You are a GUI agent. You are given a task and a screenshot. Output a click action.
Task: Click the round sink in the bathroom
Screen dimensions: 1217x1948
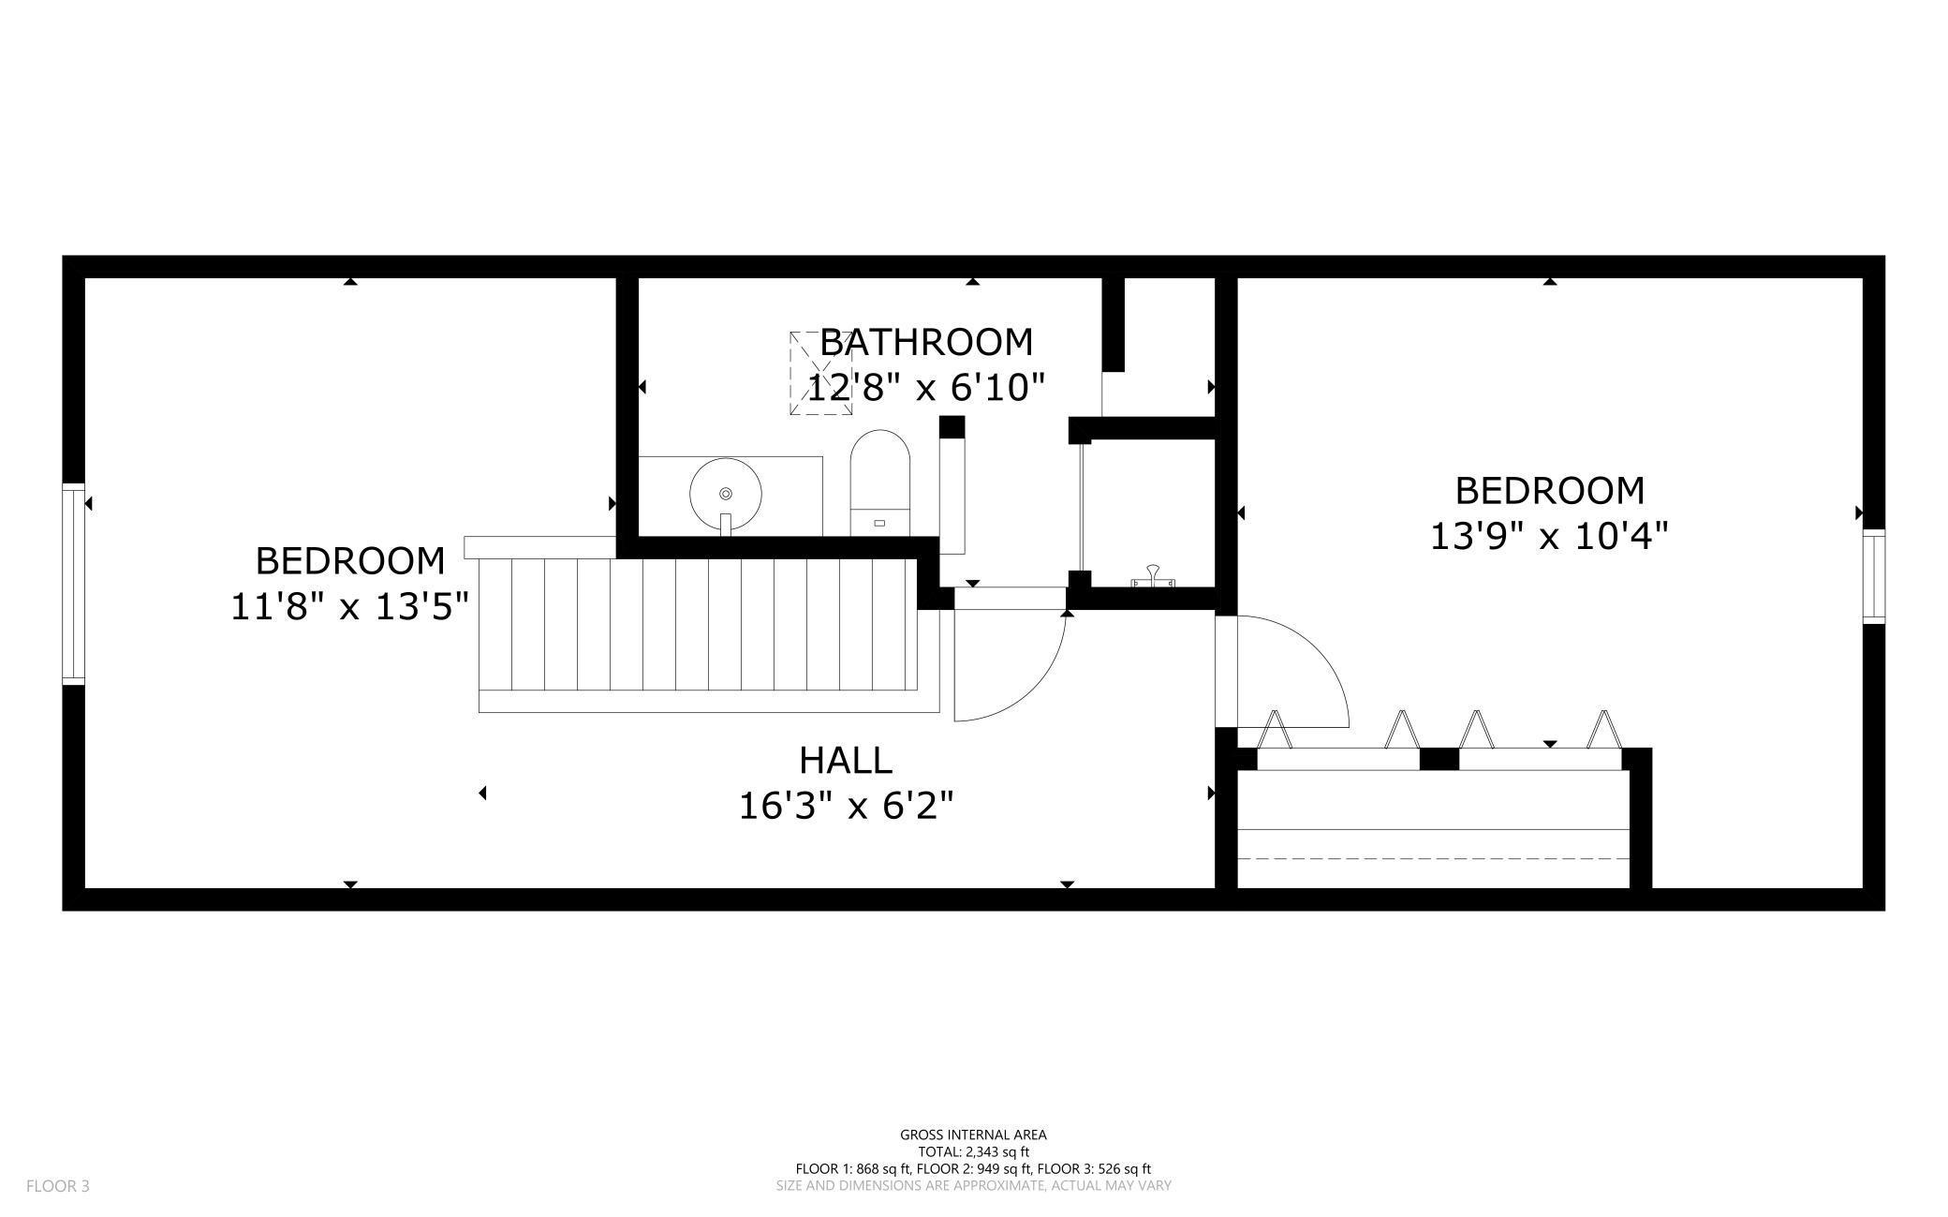pyautogui.click(x=725, y=493)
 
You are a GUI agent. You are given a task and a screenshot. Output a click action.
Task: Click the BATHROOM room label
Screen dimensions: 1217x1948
pyautogui.click(x=926, y=343)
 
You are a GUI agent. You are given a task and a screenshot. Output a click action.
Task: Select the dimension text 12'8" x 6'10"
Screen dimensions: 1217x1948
pyautogui.click(x=926, y=387)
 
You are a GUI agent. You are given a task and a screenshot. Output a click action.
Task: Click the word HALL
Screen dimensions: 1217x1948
pyautogui.click(x=846, y=760)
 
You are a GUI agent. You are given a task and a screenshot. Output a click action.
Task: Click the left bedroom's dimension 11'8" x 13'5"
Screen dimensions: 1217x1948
pyautogui.click(x=349, y=607)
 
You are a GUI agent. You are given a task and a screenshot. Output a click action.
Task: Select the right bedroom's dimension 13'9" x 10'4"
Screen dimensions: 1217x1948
pyautogui.click(x=1549, y=537)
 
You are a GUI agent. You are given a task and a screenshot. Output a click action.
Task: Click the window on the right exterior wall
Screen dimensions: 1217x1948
pyautogui.click(x=1873, y=576)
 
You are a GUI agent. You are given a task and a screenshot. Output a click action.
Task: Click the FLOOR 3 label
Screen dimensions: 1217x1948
pyautogui.click(x=58, y=1186)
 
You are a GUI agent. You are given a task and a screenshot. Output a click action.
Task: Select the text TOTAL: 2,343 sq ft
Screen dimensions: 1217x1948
pyautogui.click(x=973, y=1151)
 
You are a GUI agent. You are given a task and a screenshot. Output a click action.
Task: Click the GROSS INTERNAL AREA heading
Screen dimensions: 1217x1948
pyautogui.click(x=973, y=1135)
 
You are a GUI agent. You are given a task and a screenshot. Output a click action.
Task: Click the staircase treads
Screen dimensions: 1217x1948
pyautogui.click(x=698, y=623)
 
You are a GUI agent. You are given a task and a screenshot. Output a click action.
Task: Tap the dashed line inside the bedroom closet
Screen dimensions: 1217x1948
pyautogui.click(x=1433, y=858)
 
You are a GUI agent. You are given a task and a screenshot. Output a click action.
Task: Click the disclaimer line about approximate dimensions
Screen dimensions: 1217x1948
pyautogui.click(x=973, y=1185)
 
